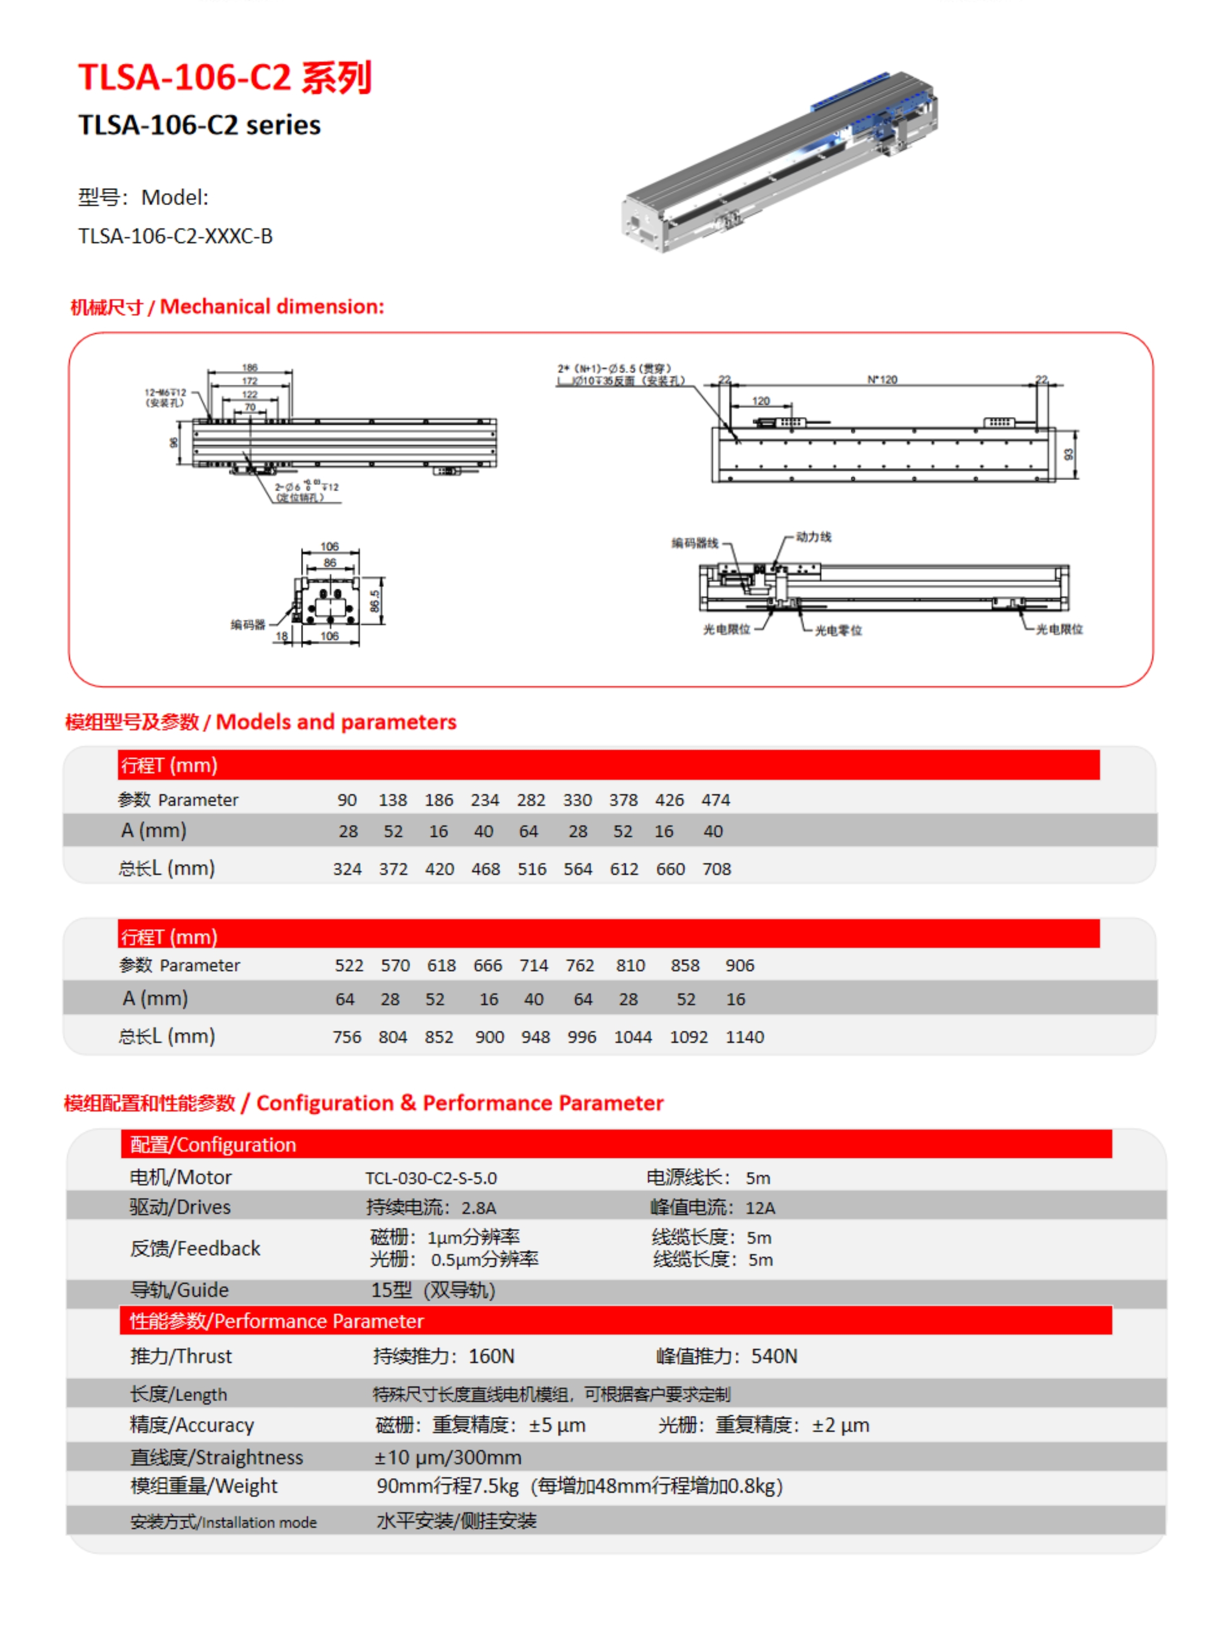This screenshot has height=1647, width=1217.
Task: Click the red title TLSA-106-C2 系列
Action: click(225, 78)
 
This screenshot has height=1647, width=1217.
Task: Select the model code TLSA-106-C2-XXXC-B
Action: click(175, 237)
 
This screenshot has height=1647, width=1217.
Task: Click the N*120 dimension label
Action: click(882, 379)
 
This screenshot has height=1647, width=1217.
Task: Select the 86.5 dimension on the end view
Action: click(374, 600)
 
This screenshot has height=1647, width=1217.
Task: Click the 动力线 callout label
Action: click(813, 537)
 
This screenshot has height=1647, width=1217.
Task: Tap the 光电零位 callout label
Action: click(838, 631)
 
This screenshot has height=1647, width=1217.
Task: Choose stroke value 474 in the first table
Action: click(715, 800)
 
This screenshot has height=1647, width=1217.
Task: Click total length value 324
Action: click(347, 869)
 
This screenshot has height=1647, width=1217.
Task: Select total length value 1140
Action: click(745, 1037)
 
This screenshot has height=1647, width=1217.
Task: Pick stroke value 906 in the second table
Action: click(740, 966)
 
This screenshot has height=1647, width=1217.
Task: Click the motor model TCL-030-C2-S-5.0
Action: click(431, 1178)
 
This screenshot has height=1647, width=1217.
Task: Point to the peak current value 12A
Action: click(760, 1208)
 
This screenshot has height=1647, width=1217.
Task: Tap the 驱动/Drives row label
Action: click(181, 1207)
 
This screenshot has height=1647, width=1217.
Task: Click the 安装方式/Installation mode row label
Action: click(223, 1522)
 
